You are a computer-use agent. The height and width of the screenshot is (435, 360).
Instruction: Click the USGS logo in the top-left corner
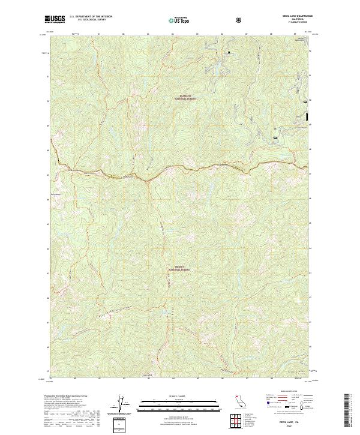56,20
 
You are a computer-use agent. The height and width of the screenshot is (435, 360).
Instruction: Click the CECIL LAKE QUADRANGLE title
294,16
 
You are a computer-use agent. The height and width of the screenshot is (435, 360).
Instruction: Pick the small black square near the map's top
229,53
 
